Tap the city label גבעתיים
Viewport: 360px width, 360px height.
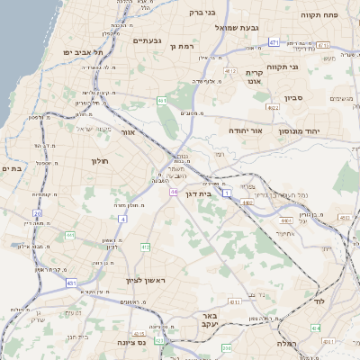tap(147, 40)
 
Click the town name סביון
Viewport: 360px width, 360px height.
tap(292, 98)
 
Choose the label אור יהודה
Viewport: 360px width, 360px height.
tap(244, 131)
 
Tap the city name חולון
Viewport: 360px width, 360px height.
tap(99, 161)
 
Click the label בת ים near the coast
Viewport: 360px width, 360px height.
tap(11, 168)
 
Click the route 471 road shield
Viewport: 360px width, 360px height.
tap(274, 42)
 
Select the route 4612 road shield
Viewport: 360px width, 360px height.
tap(230, 72)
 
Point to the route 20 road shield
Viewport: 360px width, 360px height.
tap(38, 213)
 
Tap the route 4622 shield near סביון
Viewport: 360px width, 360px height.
tap(272, 107)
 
